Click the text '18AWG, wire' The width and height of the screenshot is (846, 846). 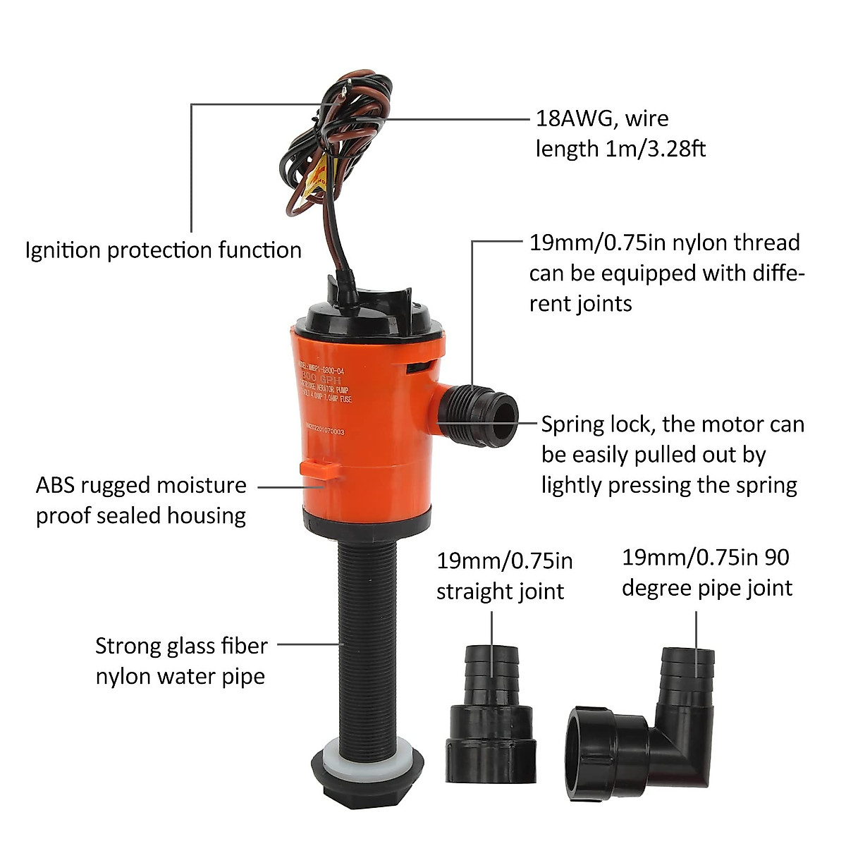602,118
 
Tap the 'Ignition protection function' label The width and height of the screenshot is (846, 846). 163,250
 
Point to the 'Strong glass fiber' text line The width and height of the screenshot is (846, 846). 181,646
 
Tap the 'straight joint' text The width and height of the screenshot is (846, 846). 500,591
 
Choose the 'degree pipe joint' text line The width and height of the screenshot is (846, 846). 706,587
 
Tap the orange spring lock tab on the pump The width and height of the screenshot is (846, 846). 318,468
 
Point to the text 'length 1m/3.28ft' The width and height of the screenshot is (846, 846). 620,149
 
